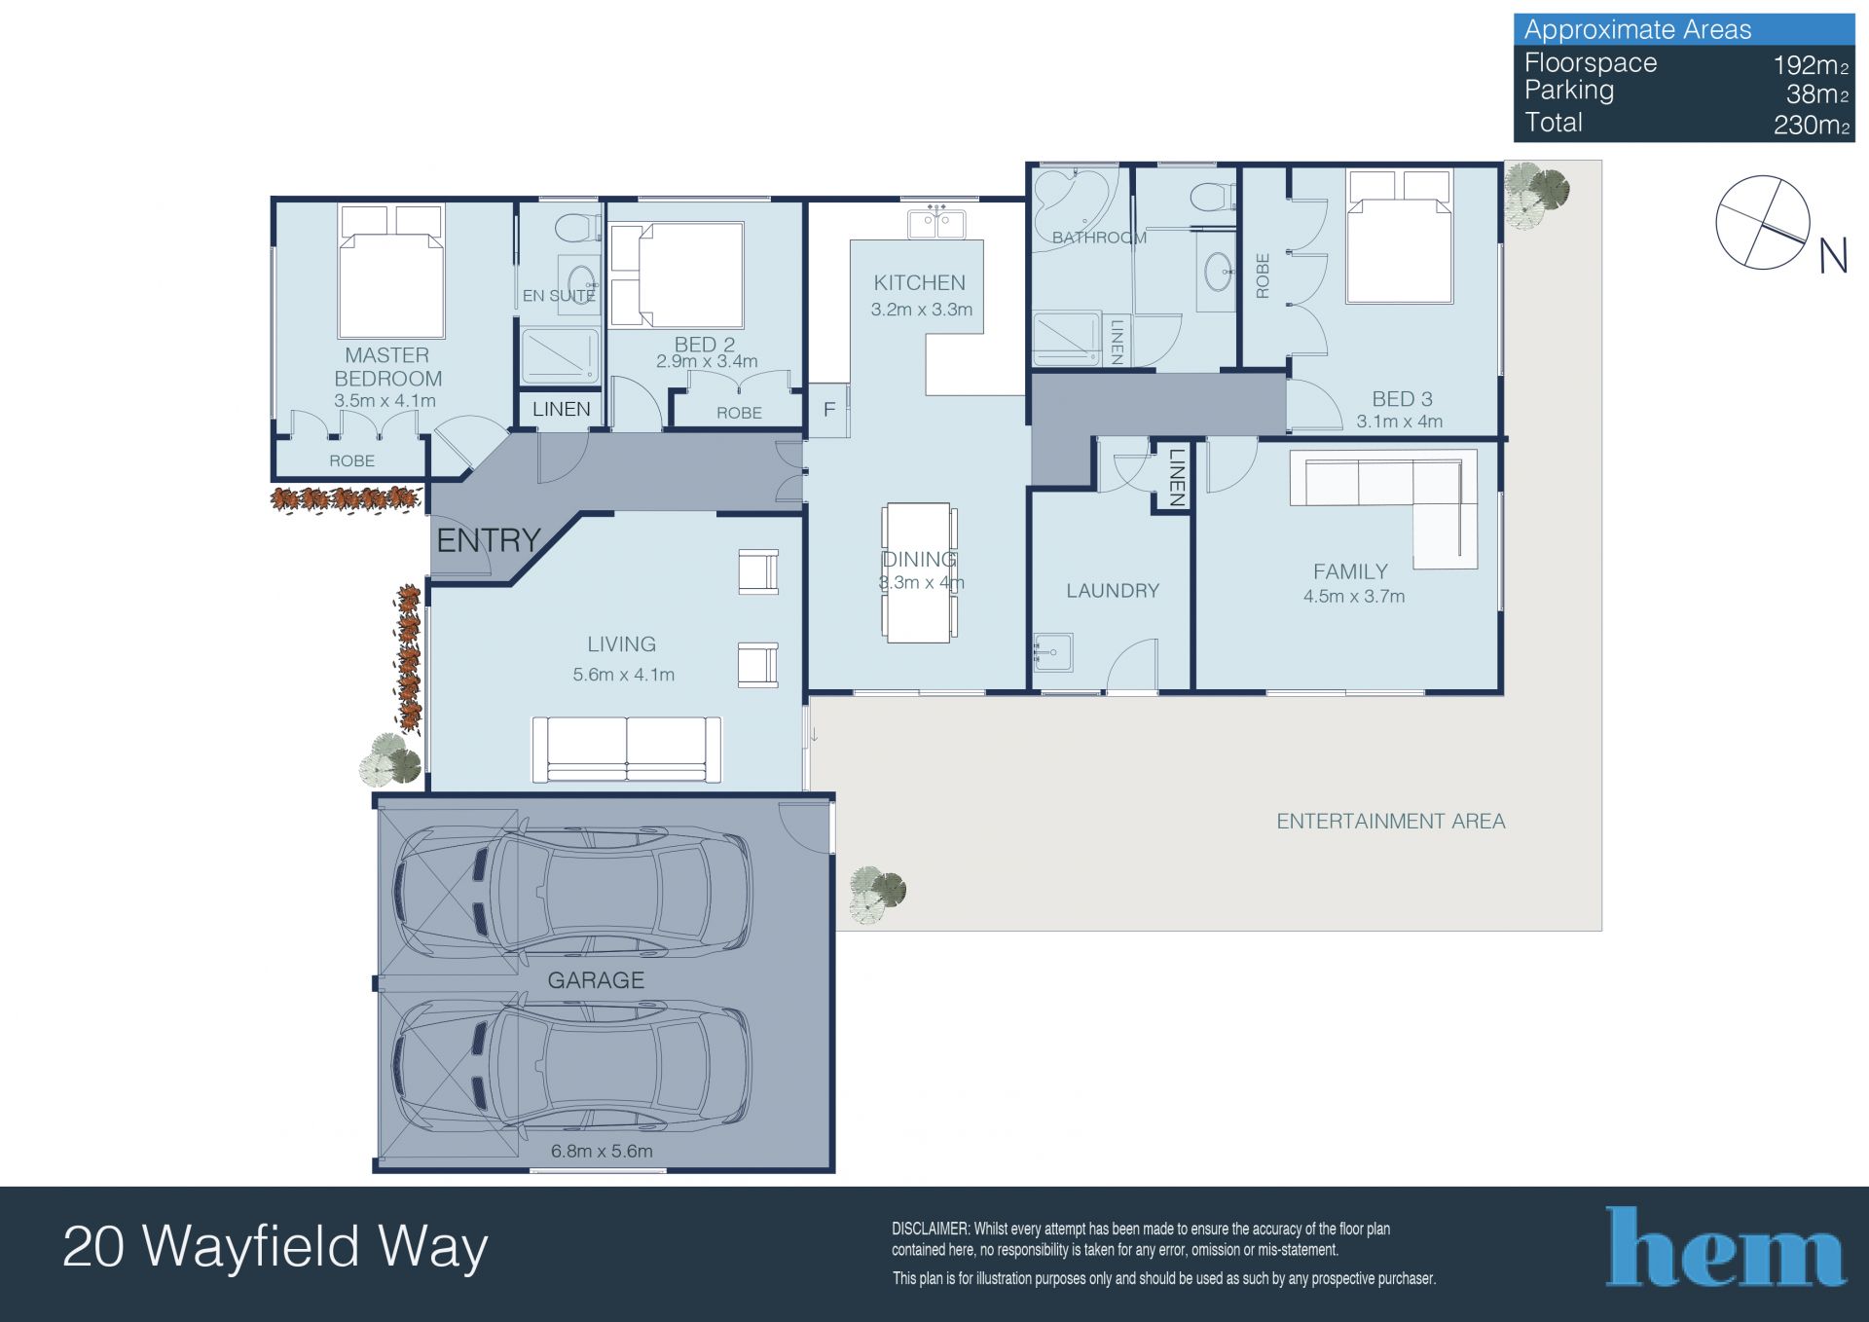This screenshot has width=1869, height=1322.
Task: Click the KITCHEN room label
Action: [919, 282]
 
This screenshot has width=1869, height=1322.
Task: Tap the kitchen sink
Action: [936, 223]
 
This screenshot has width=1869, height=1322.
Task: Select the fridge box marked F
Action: [829, 410]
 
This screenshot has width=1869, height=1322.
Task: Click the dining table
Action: [918, 572]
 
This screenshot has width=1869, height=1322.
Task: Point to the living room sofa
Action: [626, 750]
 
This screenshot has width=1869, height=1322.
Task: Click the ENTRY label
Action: [488, 540]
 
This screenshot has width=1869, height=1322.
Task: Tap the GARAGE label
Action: [596, 980]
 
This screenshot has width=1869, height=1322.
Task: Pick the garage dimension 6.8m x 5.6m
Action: [602, 1151]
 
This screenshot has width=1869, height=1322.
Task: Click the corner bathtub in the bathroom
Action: [1070, 200]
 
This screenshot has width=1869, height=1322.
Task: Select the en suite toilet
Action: [578, 227]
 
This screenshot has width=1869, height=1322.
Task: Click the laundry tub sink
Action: [1052, 651]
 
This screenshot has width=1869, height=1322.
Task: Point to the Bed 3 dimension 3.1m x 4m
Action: [1400, 422]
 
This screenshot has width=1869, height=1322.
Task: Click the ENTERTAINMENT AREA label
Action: [1390, 822]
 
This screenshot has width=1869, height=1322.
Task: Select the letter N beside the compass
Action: [1833, 256]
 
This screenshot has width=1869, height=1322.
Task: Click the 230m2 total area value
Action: [1811, 125]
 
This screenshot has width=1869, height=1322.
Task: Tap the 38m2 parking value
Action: [1816, 94]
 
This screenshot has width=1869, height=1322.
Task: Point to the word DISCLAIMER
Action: [931, 1229]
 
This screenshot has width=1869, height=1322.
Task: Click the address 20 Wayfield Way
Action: [275, 1247]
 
